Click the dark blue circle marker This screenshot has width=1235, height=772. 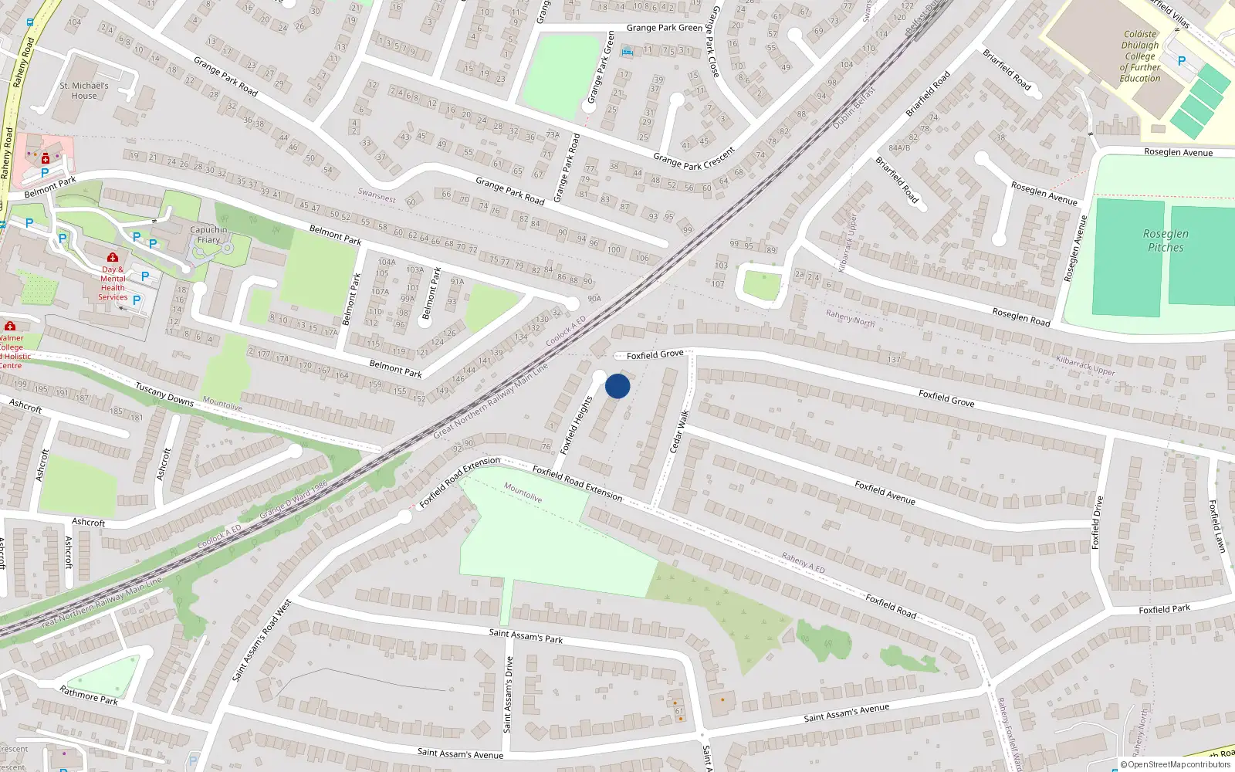pyautogui.click(x=617, y=386)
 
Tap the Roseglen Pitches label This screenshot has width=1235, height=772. pyautogui.click(x=1166, y=240)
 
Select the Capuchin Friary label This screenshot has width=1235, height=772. pyautogui.click(x=208, y=235)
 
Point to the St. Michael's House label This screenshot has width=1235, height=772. pyautogui.click(x=84, y=91)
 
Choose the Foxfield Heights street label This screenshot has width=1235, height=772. pyautogui.click(x=577, y=425)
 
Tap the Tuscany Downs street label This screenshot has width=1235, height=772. pyautogui.click(x=164, y=394)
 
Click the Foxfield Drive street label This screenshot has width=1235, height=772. pyautogui.click(x=1097, y=523)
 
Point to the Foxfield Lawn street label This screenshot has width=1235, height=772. pyautogui.click(x=1216, y=526)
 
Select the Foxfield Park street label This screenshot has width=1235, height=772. pyautogui.click(x=1164, y=609)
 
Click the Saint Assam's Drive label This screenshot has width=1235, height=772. pyautogui.click(x=508, y=694)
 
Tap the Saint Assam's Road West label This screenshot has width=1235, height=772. pyautogui.click(x=262, y=640)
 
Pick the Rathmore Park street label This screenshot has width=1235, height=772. pyautogui.click(x=89, y=695)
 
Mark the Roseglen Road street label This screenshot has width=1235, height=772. pyautogui.click(x=1020, y=317)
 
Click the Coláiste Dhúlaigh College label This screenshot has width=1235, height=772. pyautogui.click(x=1140, y=56)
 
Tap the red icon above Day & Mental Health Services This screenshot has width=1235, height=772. pyautogui.click(x=113, y=257)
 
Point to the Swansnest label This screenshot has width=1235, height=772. pyautogui.click(x=377, y=196)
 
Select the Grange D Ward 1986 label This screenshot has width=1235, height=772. pyautogui.click(x=293, y=500)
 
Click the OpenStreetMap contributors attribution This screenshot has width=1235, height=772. pyautogui.click(x=1175, y=764)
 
